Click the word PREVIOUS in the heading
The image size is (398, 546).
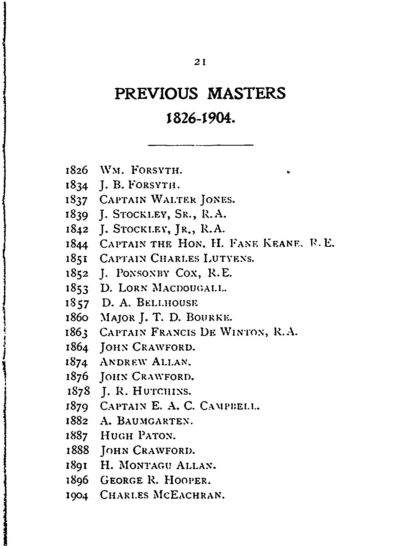click(156, 94)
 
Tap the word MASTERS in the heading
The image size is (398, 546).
click(246, 94)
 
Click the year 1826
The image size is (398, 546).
click(77, 170)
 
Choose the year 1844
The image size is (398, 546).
click(77, 244)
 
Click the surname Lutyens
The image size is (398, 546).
click(229, 258)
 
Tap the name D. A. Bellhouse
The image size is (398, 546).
click(150, 302)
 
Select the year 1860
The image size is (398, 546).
click(77, 317)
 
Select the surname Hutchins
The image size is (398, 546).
click(162, 391)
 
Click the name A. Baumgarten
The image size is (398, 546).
click(147, 421)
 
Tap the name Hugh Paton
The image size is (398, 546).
click(138, 436)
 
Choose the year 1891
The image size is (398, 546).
click(77, 466)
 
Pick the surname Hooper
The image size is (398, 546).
click(187, 480)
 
